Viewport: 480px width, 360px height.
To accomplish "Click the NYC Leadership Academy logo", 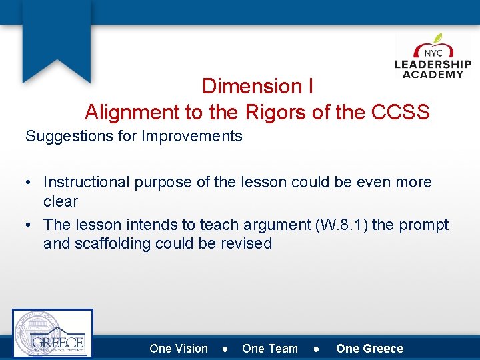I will point(433,57).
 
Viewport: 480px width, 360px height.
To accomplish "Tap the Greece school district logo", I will point(53,333).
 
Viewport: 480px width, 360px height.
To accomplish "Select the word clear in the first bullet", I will point(61,201).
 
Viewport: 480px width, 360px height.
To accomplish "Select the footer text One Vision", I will point(179,349).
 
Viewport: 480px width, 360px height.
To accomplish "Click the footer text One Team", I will point(270,349).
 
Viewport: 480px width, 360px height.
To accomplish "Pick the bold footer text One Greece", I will point(370,349).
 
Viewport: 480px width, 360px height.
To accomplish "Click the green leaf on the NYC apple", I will point(438,39).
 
